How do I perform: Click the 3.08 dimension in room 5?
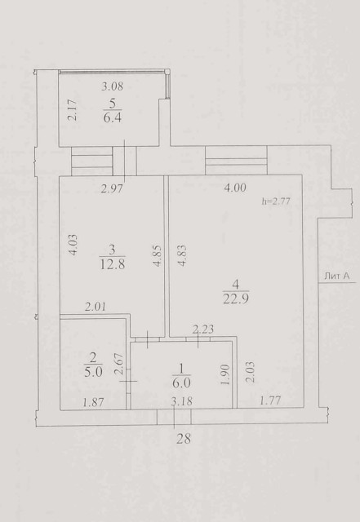click(113, 86)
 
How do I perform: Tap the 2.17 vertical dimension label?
click(73, 110)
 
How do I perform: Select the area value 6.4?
click(113, 117)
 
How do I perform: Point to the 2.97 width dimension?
click(112, 189)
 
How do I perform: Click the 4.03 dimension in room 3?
click(73, 245)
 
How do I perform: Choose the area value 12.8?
click(112, 264)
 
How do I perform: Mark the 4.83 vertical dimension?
click(182, 255)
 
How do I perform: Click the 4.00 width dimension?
click(235, 188)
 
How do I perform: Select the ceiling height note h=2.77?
click(276, 201)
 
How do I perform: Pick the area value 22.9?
click(236, 299)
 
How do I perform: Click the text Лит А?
click(336, 276)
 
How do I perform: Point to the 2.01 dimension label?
click(96, 307)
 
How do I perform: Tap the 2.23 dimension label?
click(203, 330)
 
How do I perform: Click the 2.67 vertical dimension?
click(119, 365)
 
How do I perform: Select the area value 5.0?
click(93, 372)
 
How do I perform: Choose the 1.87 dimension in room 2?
click(93, 403)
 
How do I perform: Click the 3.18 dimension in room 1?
click(182, 401)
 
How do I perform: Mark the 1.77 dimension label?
click(270, 400)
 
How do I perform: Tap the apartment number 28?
click(184, 439)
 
